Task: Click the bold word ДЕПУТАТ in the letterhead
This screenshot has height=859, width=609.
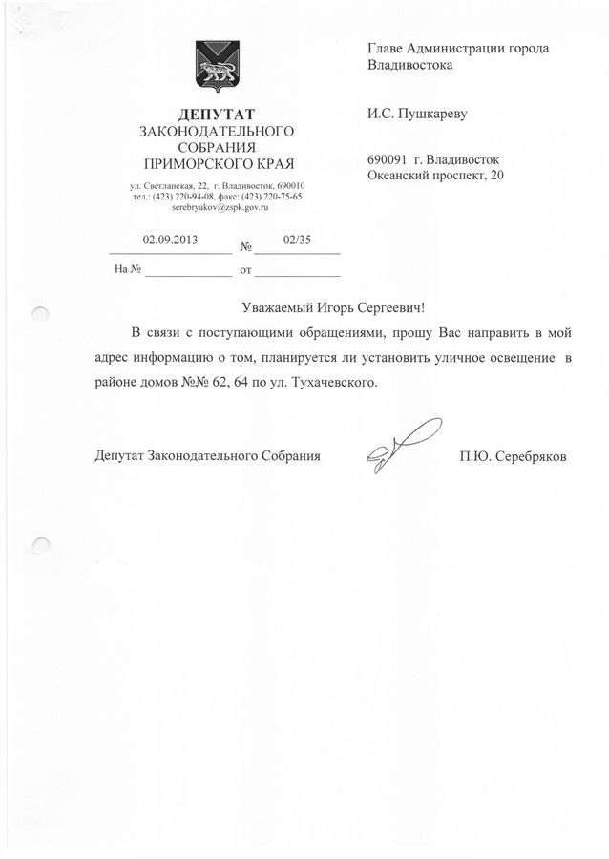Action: tap(217, 115)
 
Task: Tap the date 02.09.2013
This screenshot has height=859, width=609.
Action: tap(168, 240)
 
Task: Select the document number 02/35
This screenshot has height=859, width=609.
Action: tap(297, 240)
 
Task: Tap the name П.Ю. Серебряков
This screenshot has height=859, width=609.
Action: tap(513, 456)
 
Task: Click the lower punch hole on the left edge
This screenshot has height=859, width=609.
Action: tap(39, 546)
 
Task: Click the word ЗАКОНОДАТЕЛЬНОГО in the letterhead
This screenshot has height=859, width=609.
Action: tap(216, 130)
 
